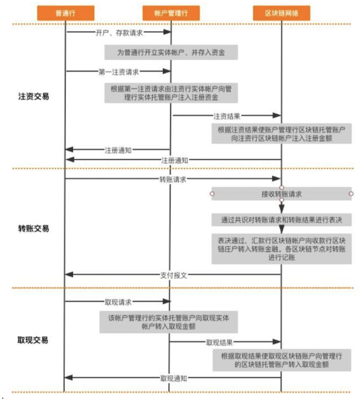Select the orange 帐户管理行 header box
tap(171, 14)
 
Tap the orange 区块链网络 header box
tap(282, 14)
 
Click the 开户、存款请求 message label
tap(119, 33)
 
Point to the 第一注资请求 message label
tap(119, 72)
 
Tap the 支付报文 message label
tap(174, 275)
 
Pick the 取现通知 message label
tap(174, 378)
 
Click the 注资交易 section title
tap(34, 96)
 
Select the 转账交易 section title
tap(34, 229)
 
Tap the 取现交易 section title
tap(33, 341)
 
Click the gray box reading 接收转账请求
tap(281, 194)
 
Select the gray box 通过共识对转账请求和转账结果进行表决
tap(281, 219)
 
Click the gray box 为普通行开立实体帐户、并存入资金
tap(171, 52)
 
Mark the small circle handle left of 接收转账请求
tap(212, 194)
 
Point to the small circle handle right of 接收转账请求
tap(351, 194)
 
